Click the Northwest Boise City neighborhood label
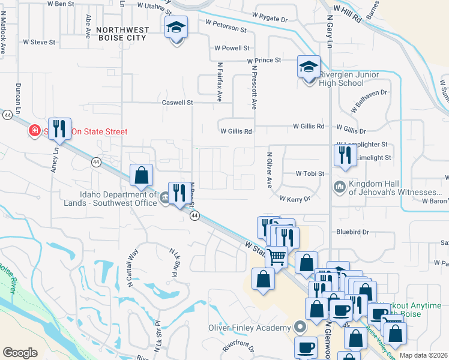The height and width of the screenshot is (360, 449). point(121,33)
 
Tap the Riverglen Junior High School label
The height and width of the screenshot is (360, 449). point(349,79)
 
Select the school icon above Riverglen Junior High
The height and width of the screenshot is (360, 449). point(309,67)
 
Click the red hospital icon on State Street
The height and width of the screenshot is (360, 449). point(35,131)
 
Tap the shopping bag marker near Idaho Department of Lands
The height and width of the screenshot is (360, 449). point(142,176)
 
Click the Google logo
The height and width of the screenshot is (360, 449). point(20,352)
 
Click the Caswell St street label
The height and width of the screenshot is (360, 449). point(177,103)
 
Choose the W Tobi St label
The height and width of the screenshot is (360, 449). point(310,173)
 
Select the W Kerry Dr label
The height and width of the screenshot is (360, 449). point(295,198)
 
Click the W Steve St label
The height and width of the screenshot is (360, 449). point(39,43)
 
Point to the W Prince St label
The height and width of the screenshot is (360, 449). point(264,60)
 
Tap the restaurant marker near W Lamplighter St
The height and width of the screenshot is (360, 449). point(345,155)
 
